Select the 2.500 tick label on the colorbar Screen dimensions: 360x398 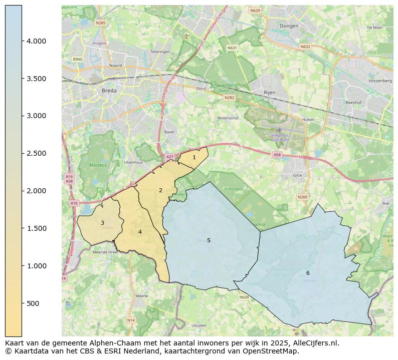pyautogui.click(x=36, y=153)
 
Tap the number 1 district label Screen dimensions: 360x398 pyautogui.click(x=194, y=157)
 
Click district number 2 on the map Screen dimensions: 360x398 pyautogui.click(x=160, y=190)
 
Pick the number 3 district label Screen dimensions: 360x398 pyautogui.click(x=102, y=223)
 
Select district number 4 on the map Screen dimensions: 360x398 pyautogui.click(x=140, y=232)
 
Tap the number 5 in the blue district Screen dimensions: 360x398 pyautogui.click(x=209, y=240)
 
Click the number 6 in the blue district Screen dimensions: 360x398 pyautogui.click(x=308, y=273)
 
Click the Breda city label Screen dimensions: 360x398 pyautogui.click(x=109, y=91)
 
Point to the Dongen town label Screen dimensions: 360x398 pyautogui.click(x=289, y=26)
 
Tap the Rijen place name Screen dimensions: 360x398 pyautogui.click(x=270, y=93)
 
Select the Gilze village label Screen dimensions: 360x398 pyautogui.click(x=298, y=175)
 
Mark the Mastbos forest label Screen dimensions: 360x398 pyautogui.click(x=98, y=165)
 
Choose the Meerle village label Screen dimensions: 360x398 pyautogui.click(x=142, y=296)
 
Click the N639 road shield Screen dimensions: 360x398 pyautogui.click(x=244, y=297)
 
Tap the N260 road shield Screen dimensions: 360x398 pyautogui.click(x=302, y=197)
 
